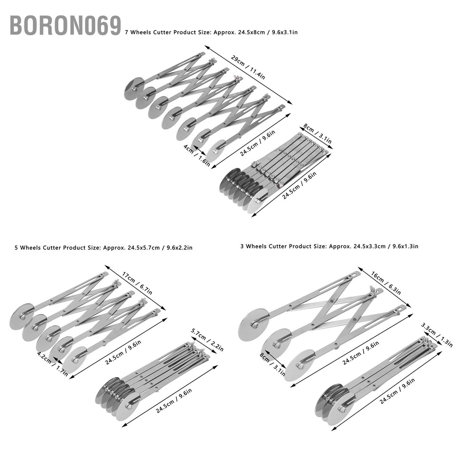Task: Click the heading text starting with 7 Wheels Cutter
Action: click(x=211, y=32)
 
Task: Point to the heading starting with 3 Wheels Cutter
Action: click(x=329, y=246)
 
